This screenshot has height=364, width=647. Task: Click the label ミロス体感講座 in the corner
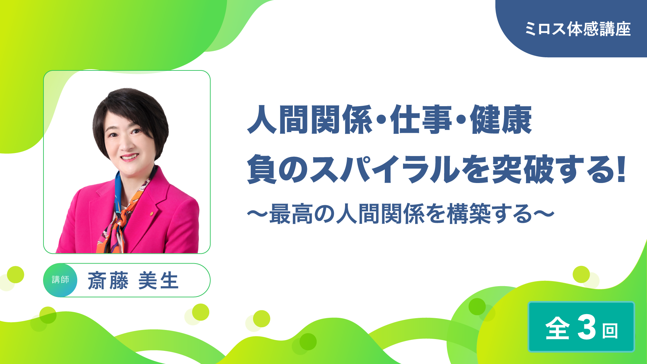pyautogui.click(x=578, y=29)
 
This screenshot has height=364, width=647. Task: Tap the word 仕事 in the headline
pyautogui.click(x=421, y=120)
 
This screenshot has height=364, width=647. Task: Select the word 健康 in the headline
pyautogui.click(x=501, y=120)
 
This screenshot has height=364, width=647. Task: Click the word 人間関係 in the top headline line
pyautogui.click(x=310, y=120)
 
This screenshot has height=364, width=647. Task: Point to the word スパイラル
pyautogui.click(x=384, y=169)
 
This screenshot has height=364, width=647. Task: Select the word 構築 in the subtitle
pyautogui.click(x=469, y=214)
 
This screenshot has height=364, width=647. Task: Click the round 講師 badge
pyautogui.click(x=60, y=280)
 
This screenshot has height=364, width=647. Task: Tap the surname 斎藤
pyautogui.click(x=108, y=280)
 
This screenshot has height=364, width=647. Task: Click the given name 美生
pyautogui.click(x=158, y=280)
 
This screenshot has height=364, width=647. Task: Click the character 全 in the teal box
pyautogui.click(x=558, y=328)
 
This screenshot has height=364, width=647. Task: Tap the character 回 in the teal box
pyautogui.click(x=610, y=331)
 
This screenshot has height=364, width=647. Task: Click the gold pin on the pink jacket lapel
pyautogui.click(x=152, y=213)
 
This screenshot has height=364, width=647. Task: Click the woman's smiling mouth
pyautogui.click(x=130, y=157)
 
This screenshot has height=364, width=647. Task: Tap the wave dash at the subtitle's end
pyautogui.click(x=544, y=214)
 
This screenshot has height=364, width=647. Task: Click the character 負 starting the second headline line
pyautogui.click(x=262, y=169)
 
